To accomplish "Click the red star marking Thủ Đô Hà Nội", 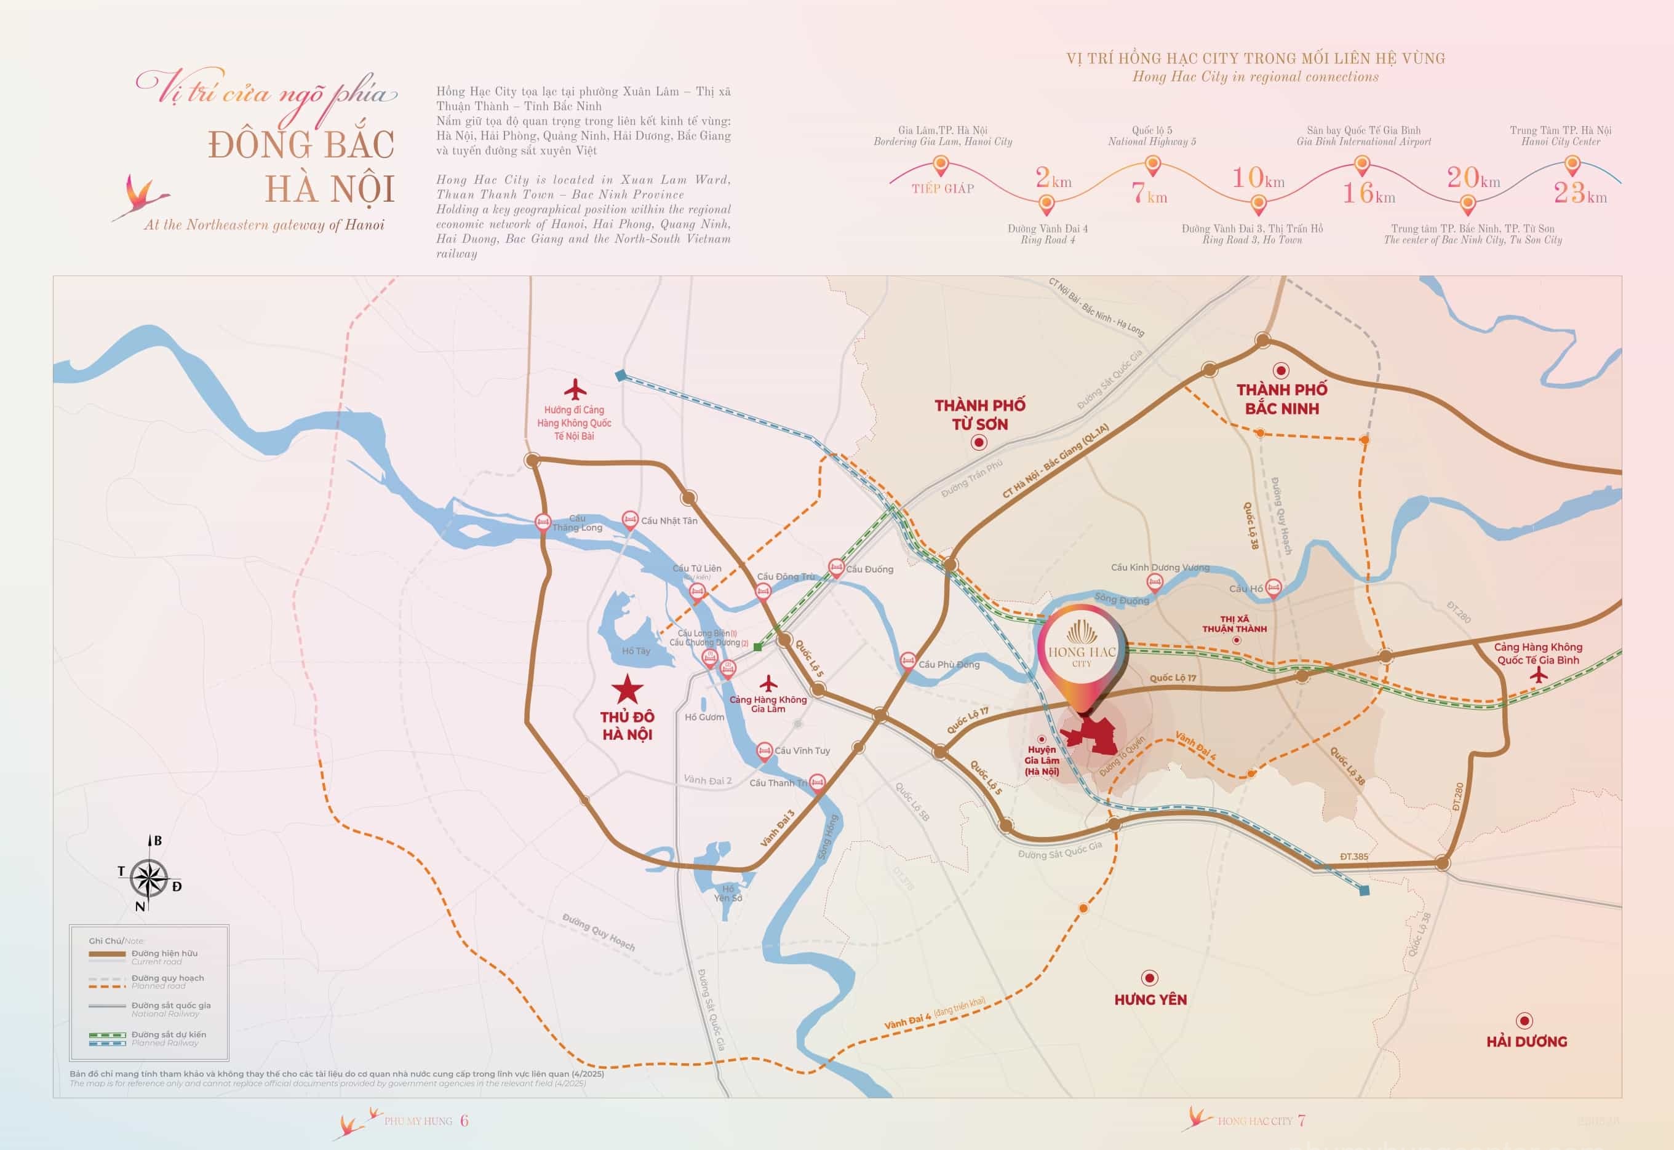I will [x=627, y=689].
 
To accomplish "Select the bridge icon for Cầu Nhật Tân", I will [x=629, y=520].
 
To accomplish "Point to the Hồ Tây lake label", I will [x=636, y=651].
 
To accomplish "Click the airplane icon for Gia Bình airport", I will [x=1539, y=675].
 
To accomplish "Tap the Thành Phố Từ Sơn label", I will [x=979, y=414].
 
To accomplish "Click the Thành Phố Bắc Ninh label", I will [x=1281, y=399].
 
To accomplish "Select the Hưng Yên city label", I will [x=1150, y=999].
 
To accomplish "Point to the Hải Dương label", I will [x=1526, y=1041].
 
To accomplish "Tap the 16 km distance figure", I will [x=1368, y=193].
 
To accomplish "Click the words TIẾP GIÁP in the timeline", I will [x=943, y=189].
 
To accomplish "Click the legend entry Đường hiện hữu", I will [x=164, y=953].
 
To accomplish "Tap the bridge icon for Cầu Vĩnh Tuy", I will [x=764, y=751].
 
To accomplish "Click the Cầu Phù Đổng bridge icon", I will [x=908, y=660].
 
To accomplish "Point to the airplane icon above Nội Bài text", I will [x=575, y=390].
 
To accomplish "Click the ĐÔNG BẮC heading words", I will [x=301, y=145].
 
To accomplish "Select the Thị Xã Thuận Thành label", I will [x=1234, y=624].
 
